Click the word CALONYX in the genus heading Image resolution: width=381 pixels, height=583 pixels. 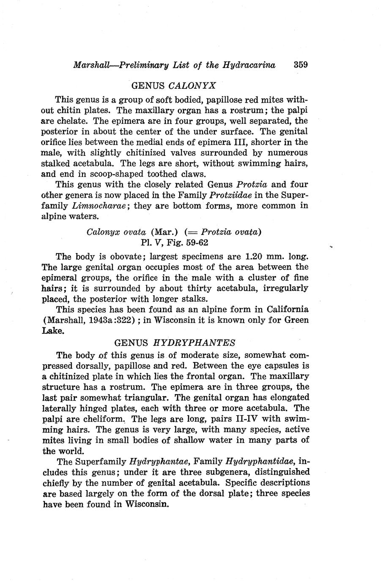click(192, 85)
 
